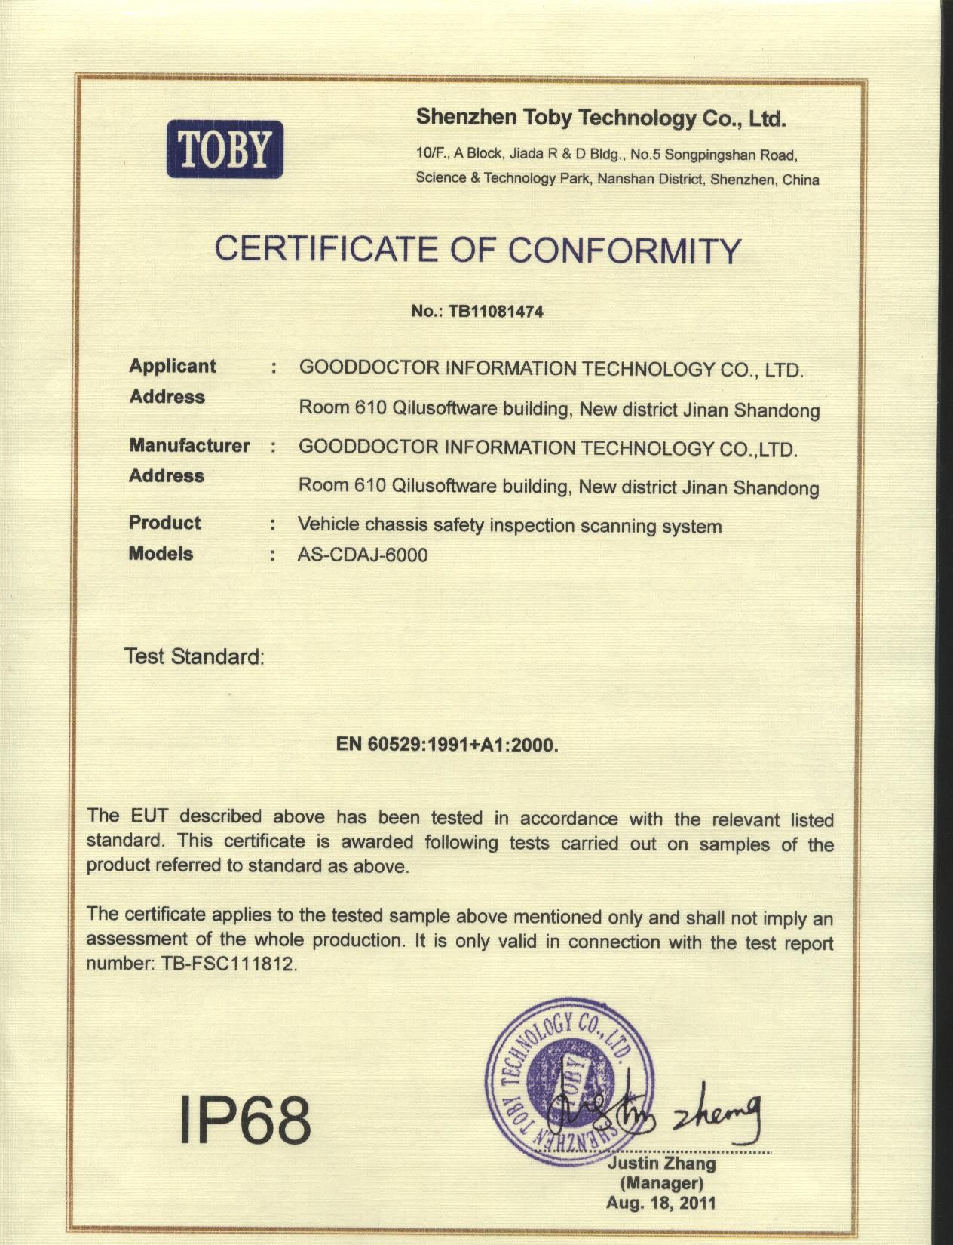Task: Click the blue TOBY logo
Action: coord(225,149)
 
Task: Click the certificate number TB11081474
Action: coord(495,311)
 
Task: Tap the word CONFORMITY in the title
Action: coord(625,251)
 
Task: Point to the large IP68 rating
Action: coord(245,1120)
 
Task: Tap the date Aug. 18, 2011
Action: coord(660,1203)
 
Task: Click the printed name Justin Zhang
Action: coord(661,1164)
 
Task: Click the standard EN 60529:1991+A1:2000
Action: coord(447,745)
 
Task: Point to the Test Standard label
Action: coord(195,656)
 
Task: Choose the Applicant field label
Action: coord(173,366)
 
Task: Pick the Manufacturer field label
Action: coord(189,445)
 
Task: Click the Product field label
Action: coord(164,522)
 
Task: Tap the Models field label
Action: coord(161,553)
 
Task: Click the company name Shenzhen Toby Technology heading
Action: coord(601,118)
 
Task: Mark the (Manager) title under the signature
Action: coord(661,1183)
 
